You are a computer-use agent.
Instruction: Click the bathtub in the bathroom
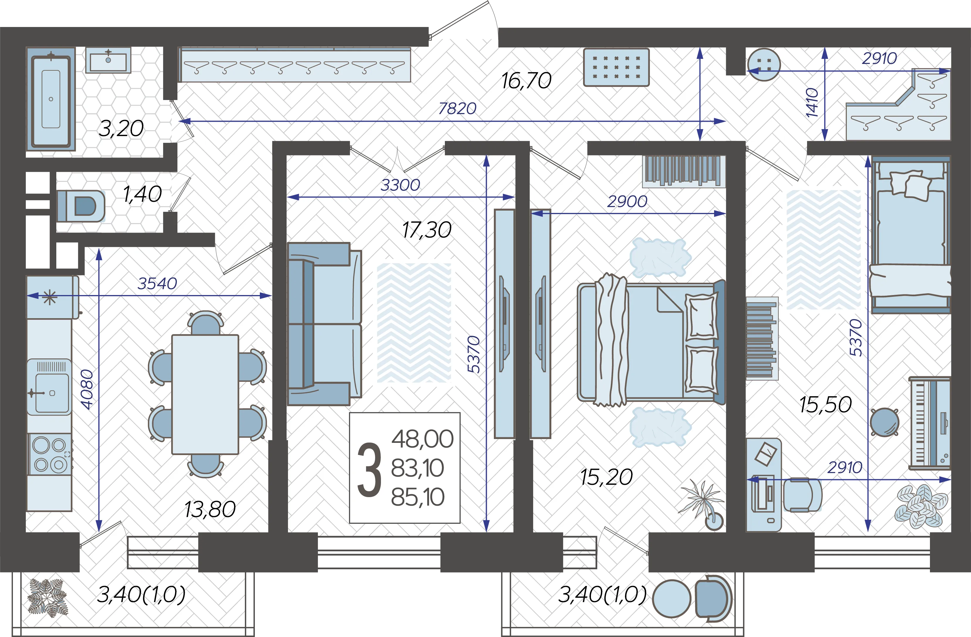coord(51,99)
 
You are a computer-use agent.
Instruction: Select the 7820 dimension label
coord(457,109)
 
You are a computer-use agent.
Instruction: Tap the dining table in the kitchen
coord(205,394)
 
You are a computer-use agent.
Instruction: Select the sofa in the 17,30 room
coord(324,324)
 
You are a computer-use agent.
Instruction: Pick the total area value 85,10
coord(418,497)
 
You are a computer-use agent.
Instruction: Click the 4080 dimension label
coord(87,389)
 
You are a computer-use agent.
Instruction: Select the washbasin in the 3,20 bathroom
coord(108,60)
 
